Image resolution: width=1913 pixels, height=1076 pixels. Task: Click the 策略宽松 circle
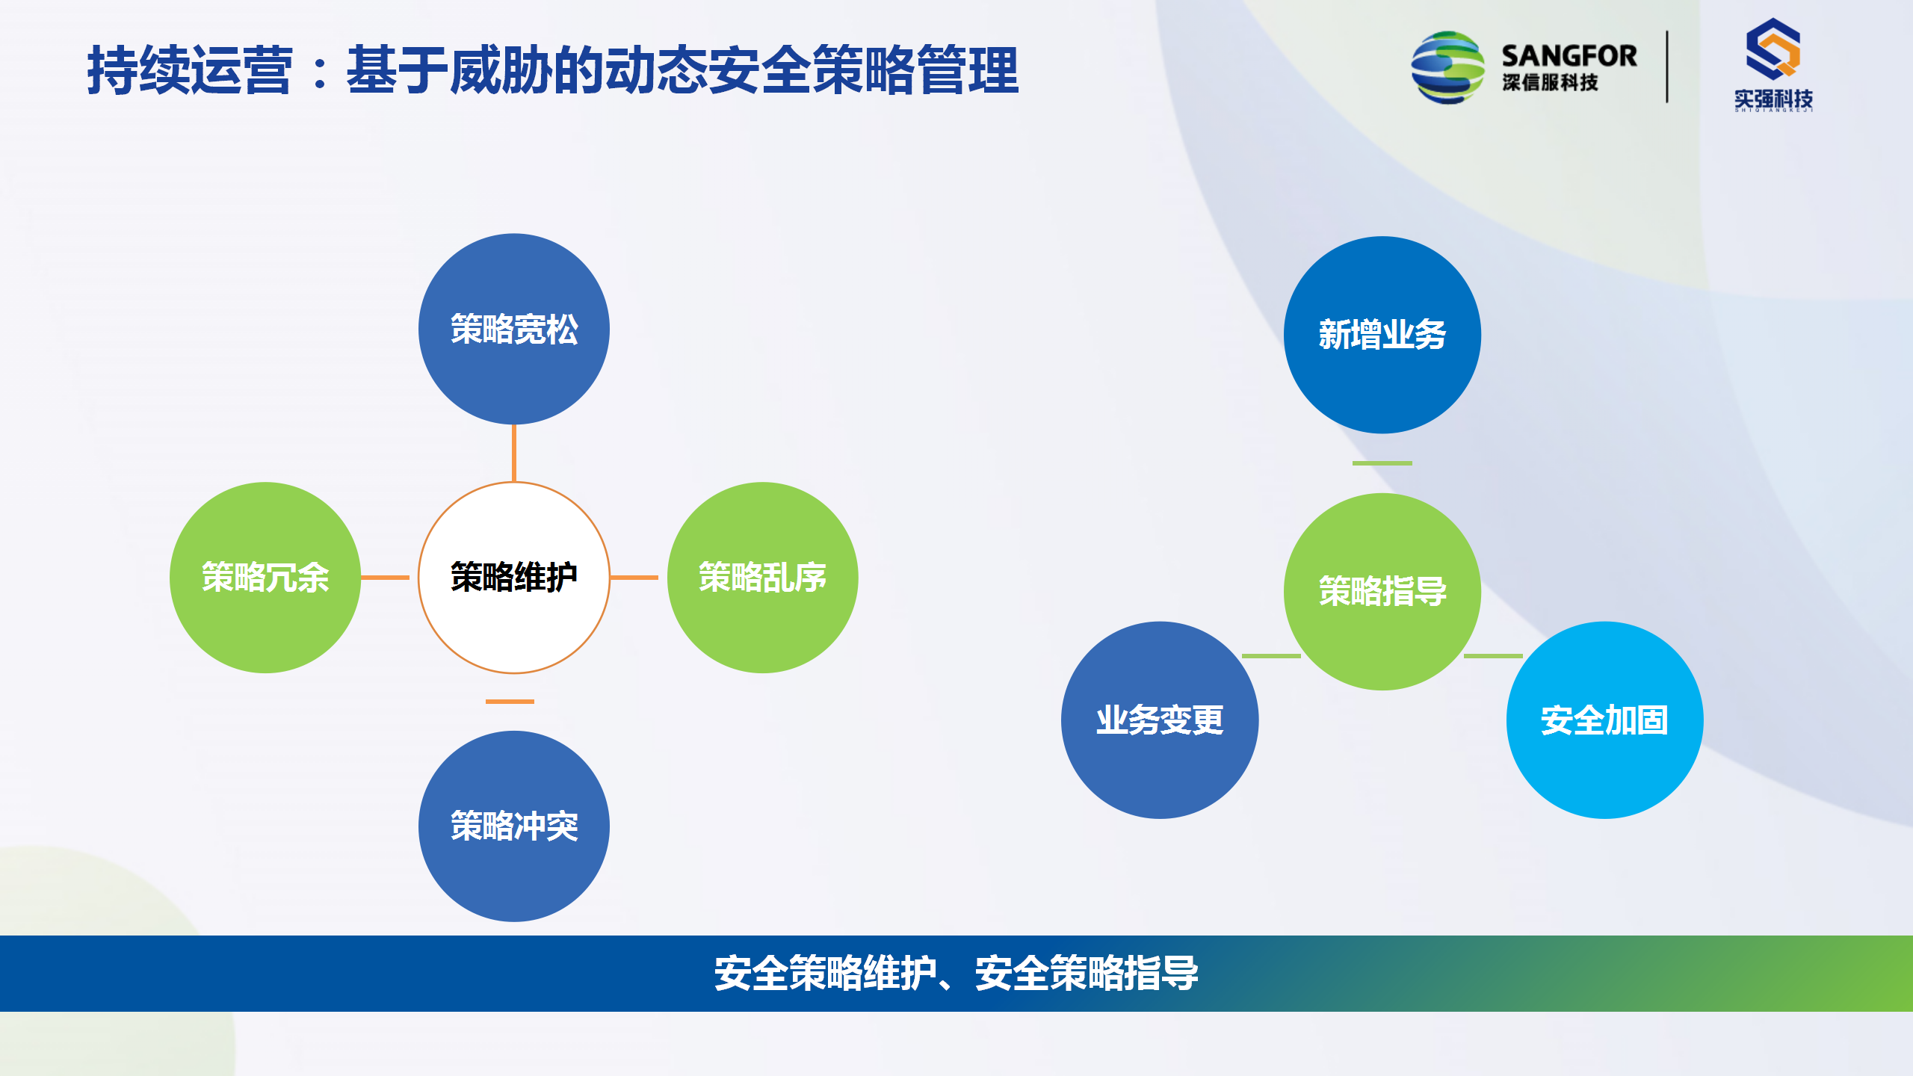pos(514,329)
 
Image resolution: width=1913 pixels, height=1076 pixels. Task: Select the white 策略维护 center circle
pos(514,578)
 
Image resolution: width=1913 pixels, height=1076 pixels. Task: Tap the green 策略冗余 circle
pos(265,578)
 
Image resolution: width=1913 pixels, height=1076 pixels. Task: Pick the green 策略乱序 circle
pos(762,578)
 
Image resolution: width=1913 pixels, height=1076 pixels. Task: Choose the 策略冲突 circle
pos(514,826)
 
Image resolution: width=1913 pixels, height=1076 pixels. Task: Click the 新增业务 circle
pos(1382,335)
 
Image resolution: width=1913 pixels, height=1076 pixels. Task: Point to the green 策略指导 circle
pos(1382,591)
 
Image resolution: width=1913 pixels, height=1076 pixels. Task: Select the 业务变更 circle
pos(1160,720)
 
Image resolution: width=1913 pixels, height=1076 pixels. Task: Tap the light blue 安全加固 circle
pos(1605,720)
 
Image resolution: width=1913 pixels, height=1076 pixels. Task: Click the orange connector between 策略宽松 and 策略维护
pos(514,453)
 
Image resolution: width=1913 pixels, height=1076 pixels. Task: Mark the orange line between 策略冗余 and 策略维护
pos(385,578)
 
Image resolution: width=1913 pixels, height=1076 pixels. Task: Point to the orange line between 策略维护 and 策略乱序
pos(634,578)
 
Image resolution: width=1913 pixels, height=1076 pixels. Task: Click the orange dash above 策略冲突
pos(510,702)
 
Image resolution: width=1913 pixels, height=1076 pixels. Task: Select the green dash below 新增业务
pos(1382,463)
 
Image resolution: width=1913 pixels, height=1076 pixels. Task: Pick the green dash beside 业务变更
pos(1271,656)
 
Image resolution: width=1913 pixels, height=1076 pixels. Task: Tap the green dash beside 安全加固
pos(1493,656)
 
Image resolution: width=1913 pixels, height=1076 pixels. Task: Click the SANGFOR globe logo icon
pos(1447,67)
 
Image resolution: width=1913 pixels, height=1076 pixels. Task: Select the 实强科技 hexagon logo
pos(1773,49)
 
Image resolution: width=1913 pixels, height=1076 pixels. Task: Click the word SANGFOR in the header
pos(1569,56)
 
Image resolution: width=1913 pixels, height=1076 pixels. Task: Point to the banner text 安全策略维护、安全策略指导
pos(956,974)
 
